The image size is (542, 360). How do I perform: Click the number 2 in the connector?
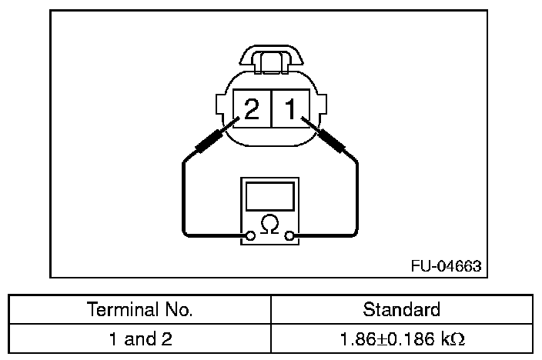(x=251, y=108)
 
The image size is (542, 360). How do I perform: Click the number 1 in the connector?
(x=290, y=108)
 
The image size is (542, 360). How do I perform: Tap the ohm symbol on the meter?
(x=269, y=224)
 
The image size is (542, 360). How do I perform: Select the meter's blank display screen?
(x=270, y=196)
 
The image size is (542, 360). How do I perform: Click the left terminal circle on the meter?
(x=250, y=236)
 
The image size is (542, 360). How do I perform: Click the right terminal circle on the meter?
(x=289, y=236)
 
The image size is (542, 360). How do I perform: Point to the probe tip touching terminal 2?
(x=239, y=118)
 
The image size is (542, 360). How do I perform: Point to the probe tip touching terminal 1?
(x=303, y=118)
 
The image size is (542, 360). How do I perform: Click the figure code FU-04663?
(x=446, y=266)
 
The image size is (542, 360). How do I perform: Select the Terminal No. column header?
(x=139, y=309)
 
